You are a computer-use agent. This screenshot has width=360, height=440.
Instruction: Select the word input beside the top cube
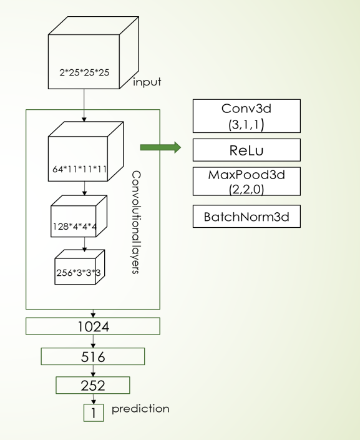coord(147,82)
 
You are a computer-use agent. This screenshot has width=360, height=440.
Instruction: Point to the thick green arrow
coord(160,147)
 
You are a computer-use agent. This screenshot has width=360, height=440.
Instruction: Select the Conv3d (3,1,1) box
coord(246,115)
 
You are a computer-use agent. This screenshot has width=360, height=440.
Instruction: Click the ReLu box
coord(246,150)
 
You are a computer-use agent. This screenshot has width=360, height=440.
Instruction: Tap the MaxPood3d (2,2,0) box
coord(246,182)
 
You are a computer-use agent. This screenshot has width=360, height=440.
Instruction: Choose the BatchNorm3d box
coord(246,217)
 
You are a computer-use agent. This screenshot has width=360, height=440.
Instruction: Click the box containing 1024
coord(93,326)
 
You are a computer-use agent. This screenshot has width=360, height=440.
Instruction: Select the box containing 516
coord(93,356)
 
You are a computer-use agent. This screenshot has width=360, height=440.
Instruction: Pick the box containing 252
coord(93,386)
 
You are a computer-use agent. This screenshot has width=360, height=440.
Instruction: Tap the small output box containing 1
coord(94,413)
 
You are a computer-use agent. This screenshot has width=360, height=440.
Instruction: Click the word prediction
coord(140,409)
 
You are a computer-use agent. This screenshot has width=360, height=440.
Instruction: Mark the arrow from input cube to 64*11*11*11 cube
coord(84,104)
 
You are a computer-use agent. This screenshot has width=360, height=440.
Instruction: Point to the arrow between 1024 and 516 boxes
coord(93,341)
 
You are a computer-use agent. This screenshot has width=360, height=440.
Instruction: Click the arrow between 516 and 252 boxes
coord(93,371)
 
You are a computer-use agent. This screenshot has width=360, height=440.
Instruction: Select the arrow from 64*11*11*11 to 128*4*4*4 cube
coord(84,188)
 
